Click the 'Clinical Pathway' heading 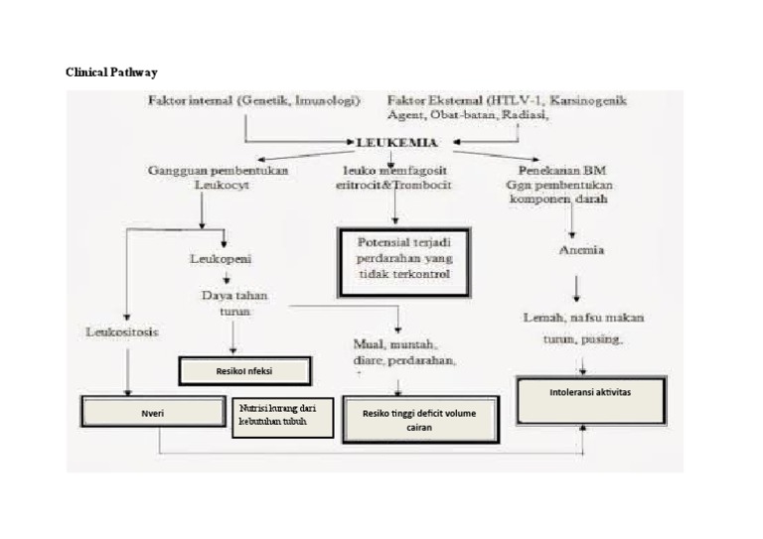coord(111,72)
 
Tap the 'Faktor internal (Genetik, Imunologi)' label coord(253,100)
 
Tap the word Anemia coord(583,250)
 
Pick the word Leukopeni coord(221,259)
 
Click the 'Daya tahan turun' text coord(234,303)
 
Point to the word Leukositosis coord(122,332)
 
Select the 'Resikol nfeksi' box coord(244,371)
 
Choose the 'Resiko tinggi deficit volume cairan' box coord(419,418)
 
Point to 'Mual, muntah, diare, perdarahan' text coord(404,352)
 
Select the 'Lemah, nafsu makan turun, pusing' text coord(583,328)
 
